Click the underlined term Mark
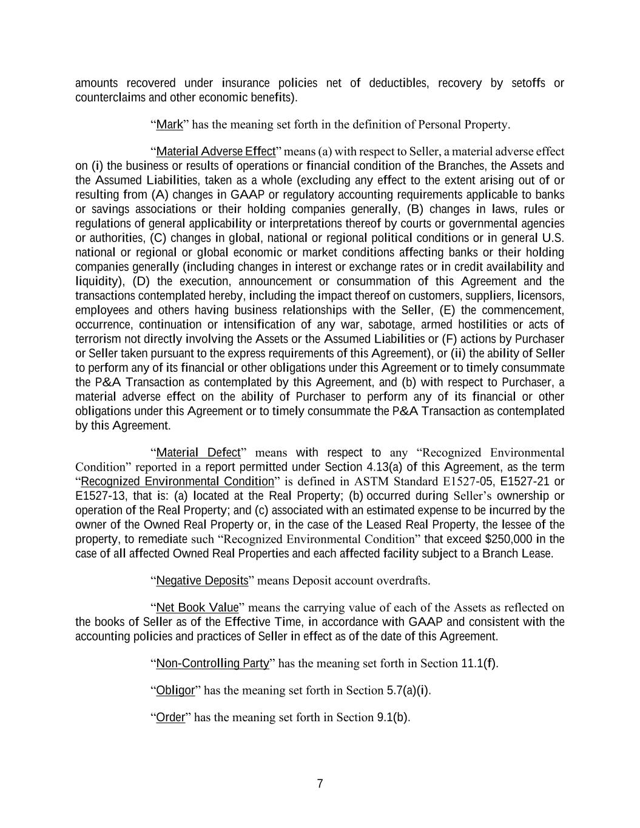point(169,125)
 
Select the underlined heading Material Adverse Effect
point(215,151)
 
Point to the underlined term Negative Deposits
point(202,581)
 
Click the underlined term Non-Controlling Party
point(212,663)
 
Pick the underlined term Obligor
point(175,690)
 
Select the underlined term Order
point(170,718)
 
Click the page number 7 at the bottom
point(320,784)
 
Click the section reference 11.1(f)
point(479,663)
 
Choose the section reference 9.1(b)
point(392,718)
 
